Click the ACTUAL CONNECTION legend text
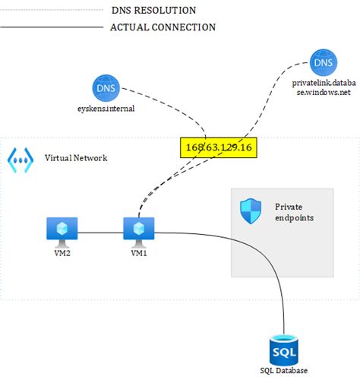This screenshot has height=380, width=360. tap(163, 27)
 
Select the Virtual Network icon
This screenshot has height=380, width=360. tap(20, 158)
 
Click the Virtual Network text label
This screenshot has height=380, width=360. tap(76, 158)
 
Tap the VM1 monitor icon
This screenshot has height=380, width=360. tap(139, 228)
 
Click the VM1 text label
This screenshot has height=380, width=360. tap(139, 253)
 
